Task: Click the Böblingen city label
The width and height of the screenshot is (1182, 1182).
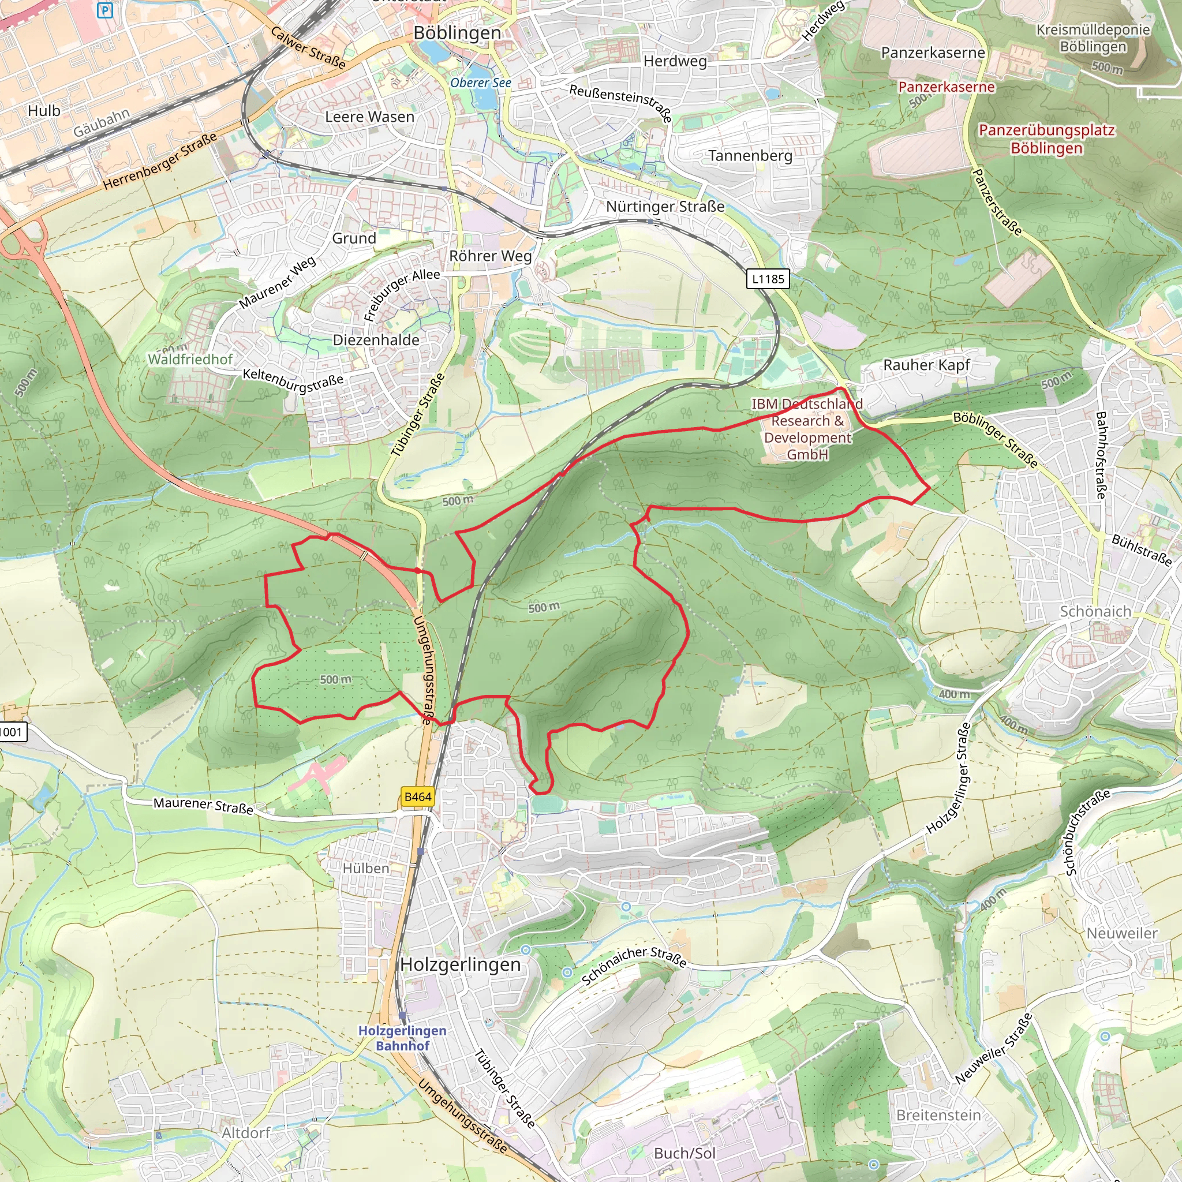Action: pos(457,33)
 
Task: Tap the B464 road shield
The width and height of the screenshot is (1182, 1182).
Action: pos(418,796)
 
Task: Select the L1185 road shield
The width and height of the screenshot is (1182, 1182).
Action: pos(768,279)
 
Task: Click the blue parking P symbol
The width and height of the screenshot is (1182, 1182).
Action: pos(105,10)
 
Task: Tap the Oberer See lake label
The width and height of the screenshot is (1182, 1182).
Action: pos(480,83)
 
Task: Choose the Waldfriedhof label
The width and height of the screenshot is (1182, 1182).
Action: pos(190,359)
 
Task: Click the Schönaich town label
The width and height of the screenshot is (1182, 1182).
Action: pos(1095,611)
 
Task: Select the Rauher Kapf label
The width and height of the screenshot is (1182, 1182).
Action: pos(926,365)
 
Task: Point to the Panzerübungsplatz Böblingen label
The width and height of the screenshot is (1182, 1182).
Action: pos(1046,139)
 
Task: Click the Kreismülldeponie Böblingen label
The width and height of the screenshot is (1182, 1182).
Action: pos(1093,38)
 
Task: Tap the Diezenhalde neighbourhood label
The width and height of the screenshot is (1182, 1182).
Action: pos(376,340)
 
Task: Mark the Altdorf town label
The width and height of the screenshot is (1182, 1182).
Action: pos(245,1133)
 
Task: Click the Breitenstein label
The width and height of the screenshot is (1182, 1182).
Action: pos(938,1115)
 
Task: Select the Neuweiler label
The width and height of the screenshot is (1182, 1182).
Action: pos(1121,933)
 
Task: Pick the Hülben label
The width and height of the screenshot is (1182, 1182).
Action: pos(366,868)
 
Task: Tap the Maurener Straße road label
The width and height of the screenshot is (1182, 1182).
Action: pos(203,806)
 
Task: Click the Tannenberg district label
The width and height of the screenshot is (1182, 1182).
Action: pos(750,156)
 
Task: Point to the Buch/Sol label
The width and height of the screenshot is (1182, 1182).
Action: pos(684,1153)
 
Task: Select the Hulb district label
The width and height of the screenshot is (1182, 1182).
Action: pos(44,111)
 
